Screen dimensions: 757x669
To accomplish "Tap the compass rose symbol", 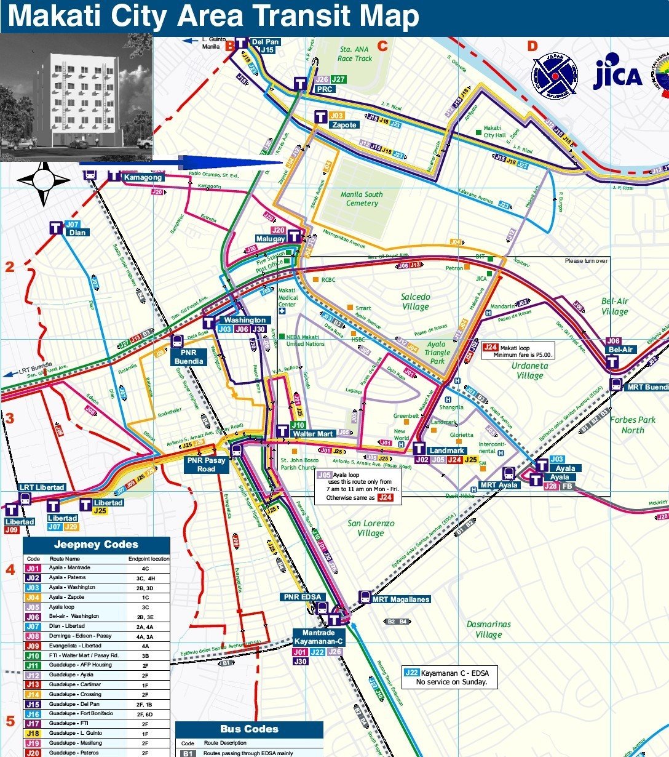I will pyautogui.click(x=44, y=181).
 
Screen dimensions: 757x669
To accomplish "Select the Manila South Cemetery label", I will pyautogui.click(x=362, y=199).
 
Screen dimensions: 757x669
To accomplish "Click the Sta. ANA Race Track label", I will pyautogui.click(x=355, y=54).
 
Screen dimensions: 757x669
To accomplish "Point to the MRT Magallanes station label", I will pyautogui.click(x=400, y=599).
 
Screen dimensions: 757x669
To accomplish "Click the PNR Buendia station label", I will pyautogui.click(x=189, y=357).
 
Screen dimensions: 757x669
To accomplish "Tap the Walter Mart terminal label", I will pyautogui.click(x=312, y=434).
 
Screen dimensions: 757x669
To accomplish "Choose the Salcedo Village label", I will pyautogui.click(x=416, y=302).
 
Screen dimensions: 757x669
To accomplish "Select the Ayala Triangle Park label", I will pyautogui.click(x=437, y=353).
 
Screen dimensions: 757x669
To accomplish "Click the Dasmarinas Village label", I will pyautogui.click(x=488, y=629).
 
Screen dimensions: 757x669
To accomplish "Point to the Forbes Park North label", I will pyautogui.click(x=633, y=425).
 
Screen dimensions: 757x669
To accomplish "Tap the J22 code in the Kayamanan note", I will pyautogui.click(x=411, y=673).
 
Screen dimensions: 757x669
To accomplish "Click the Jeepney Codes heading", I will pyautogui.click(x=96, y=545).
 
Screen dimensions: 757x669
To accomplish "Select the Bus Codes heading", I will pyautogui.click(x=249, y=729).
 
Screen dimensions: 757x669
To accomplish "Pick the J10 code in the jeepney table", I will pyautogui.click(x=33, y=655).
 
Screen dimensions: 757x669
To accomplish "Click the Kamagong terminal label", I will pyautogui.click(x=143, y=177).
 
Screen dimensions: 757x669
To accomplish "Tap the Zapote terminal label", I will pyautogui.click(x=344, y=125).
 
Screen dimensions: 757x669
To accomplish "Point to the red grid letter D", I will pyautogui.click(x=532, y=46).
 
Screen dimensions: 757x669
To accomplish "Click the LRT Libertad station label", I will pyautogui.click(x=41, y=487).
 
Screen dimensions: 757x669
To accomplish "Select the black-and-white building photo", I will pyautogui.click(x=76, y=97).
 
